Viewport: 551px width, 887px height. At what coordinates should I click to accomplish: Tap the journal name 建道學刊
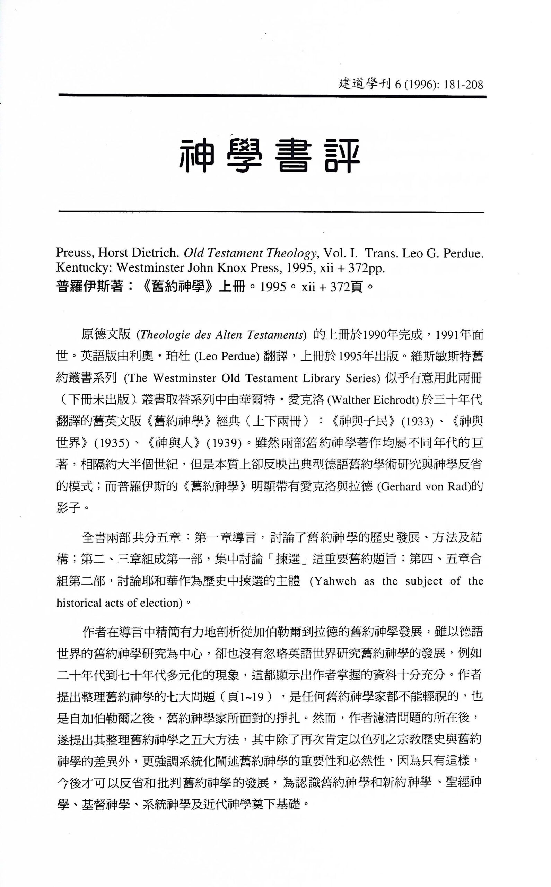[x=365, y=85]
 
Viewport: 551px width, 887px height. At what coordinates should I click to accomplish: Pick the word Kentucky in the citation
[x=84, y=268]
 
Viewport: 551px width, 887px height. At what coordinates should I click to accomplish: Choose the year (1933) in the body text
[x=417, y=422]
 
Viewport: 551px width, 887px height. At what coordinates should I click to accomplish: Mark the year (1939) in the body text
[x=224, y=443]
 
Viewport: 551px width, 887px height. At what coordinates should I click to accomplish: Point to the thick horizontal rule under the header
[x=272, y=97]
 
